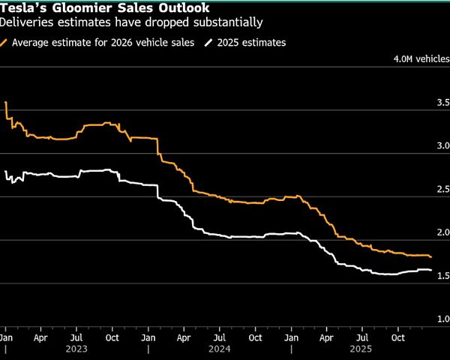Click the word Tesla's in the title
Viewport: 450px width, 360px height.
click(22, 8)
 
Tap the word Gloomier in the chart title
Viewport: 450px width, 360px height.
click(84, 8)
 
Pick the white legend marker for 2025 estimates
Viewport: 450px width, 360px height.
click(209, 43)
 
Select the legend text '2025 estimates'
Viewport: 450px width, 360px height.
click(251, 43)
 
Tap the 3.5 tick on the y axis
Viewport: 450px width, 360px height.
click(442, 102)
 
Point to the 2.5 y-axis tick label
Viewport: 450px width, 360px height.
click(442, 189)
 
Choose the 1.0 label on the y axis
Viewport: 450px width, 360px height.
click(442, 319)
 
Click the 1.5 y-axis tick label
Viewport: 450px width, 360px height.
click(442, 276)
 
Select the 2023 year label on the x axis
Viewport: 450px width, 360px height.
click(77, 349)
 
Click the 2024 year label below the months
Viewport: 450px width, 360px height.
click(220, 349)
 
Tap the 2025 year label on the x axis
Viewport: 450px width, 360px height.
click(362, 349)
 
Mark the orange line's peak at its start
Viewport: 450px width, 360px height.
click(5, 102)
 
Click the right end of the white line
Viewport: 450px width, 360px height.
click(431, 270)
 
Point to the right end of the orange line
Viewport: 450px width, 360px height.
click(431, 257)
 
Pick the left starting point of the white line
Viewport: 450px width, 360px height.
click(5, 172)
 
